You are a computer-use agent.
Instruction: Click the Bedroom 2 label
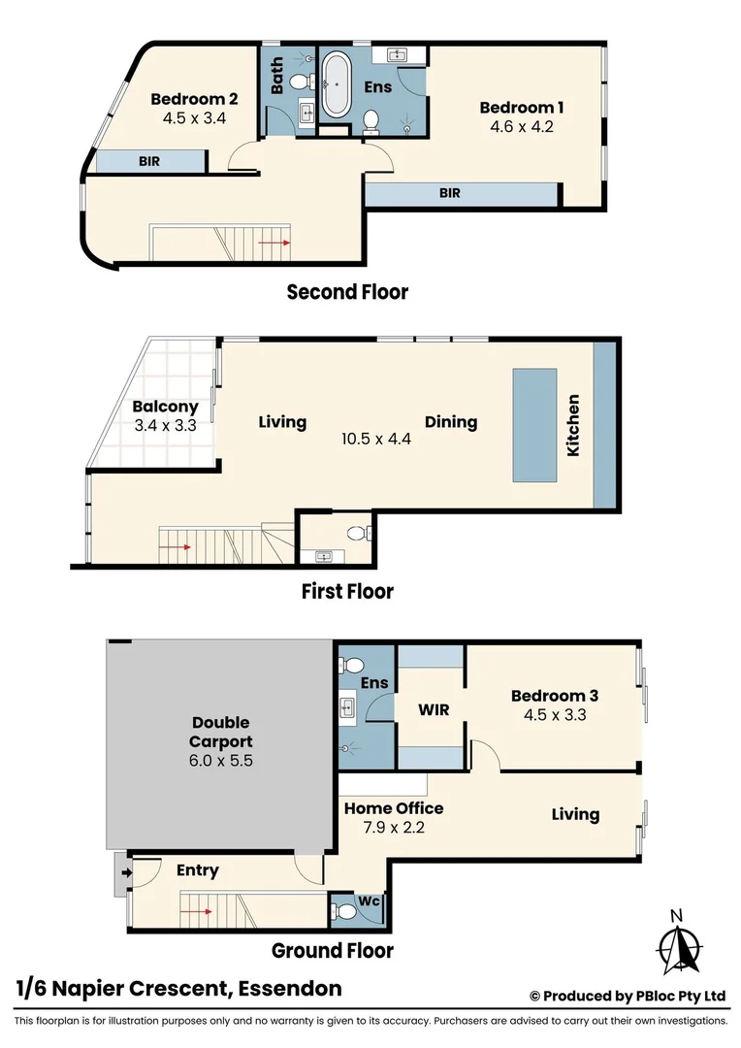194,99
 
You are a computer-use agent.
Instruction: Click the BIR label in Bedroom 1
449,193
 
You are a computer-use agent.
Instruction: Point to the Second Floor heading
347,291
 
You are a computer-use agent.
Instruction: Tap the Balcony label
165,408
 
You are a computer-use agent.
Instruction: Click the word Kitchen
573,425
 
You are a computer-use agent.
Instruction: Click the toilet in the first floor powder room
356,533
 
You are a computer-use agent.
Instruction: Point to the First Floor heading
346,590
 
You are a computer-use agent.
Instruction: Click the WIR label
433,709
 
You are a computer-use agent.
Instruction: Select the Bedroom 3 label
554,696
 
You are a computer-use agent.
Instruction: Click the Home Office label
394,808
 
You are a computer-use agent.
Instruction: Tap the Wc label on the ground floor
370,901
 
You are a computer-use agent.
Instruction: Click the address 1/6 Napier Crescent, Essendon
178,989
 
